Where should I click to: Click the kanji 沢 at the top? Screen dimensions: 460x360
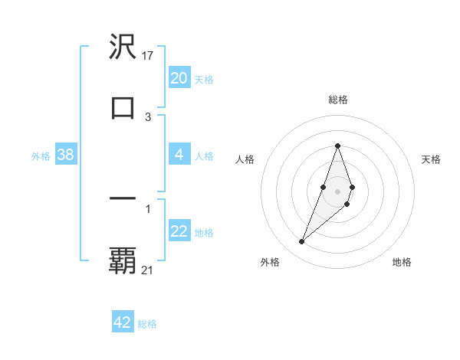pyautogui.click(x=123, y=47)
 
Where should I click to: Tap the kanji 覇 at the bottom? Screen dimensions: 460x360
pyautogui.click(x=123, y=260)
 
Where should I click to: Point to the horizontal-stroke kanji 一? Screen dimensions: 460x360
pyautogui.click(x=123, y=198)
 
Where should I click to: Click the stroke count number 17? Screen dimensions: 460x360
pyautogui.click(x=149, y=56)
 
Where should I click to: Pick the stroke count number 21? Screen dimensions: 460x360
pyautogui.click(x=149, y=270)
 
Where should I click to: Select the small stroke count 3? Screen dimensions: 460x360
pyautogui.click(x=148, y=116)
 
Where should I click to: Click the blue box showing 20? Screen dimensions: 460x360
pyautogui.click(x=179, y=78)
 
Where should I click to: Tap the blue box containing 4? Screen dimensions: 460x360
pyautogui.click(x=179, y=155)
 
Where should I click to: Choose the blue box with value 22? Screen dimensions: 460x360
pyautogui.click(x=179, y=231)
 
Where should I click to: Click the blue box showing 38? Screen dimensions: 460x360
pyautogui.click(x=65, y=155)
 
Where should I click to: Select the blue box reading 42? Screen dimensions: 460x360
pyautogui.click(x=123, y=322)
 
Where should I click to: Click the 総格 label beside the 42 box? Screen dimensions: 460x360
pyautogui.click(x=147, y=324)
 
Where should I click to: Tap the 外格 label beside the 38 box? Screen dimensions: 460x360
pyautogui.click(x=41, y=156)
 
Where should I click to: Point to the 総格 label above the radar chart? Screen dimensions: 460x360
pyautogui.click(x=338, y=100)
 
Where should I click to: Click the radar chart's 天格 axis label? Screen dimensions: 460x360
pyautogui.click(x=432, y=159)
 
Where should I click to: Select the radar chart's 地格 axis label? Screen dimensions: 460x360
pyautogui.click(x=402, y=262)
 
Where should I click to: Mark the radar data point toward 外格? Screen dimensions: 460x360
pyautogui.click(x=302, y=242)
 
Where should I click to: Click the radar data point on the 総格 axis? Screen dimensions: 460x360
pyautogui.click(x=338, y=146)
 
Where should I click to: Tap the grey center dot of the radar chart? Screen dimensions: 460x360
pyautogui.click(x=338, y=190)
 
